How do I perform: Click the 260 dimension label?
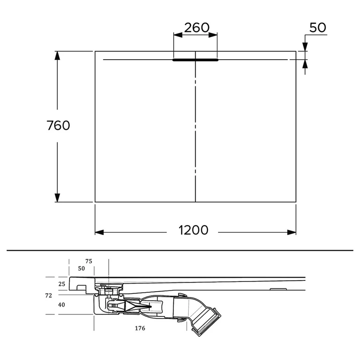[197, 28]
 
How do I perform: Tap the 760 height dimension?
[58, 125]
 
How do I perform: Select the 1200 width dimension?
[193, 230]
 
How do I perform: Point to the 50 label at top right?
[318, 28]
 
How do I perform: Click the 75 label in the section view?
[89, 261]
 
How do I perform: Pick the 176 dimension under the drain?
[140, 328]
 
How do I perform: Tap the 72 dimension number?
[48, 296]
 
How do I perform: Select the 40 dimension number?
[62, 305]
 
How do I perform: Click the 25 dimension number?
[62, 284]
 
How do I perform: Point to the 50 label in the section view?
[82, 268]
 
